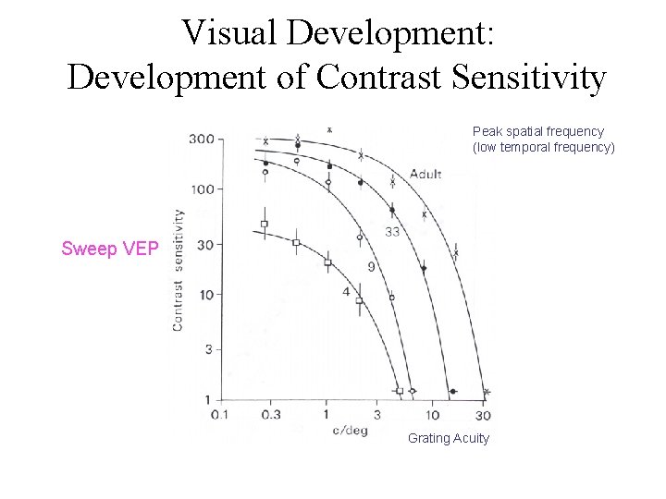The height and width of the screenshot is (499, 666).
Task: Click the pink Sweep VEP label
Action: click(x=110, y=249)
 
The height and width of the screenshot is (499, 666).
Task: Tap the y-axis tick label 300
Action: click(x=201, y=140)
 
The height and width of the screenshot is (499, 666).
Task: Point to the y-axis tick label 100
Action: click(x=201, y=189)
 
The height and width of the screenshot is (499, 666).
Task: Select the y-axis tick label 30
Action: click(x=203, y=245)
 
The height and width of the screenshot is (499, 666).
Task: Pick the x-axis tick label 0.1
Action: click(x=219, y=415)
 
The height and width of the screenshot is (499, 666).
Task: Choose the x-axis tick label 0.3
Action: click(x=271, y=415)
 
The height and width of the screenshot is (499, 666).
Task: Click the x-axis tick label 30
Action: click(x=483, y=415)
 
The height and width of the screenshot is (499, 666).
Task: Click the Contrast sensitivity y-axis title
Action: click(x=178, y=270)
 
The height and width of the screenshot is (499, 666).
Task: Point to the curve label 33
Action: click(x=392, y=232)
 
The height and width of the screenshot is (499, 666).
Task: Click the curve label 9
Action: click(x=371, y=267)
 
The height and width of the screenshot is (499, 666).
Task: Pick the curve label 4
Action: click(x=346, y=292)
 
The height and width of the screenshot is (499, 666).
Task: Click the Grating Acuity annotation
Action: click(x=449, y=438)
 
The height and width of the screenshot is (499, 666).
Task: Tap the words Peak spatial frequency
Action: click(x=538, y=131)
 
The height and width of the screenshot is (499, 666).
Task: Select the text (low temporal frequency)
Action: click(x=544, y=147)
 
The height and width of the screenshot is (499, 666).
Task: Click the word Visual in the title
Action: click(x=230, y=32)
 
